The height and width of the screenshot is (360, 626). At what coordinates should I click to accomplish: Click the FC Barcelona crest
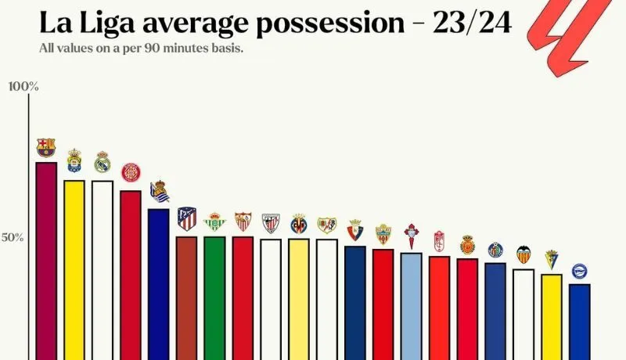click(46, 147)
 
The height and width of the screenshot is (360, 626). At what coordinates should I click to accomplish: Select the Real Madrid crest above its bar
click(103, 162)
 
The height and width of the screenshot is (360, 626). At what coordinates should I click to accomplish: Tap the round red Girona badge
click(131, 173)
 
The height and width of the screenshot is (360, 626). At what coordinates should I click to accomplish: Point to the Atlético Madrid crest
click(186, 218)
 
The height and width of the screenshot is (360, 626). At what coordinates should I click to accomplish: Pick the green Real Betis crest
click(214, 223)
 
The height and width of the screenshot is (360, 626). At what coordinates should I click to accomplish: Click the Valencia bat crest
click(523, 254)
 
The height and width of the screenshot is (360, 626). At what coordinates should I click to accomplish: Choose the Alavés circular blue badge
click(579, 272)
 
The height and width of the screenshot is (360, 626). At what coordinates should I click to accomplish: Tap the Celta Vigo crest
click(411, 236)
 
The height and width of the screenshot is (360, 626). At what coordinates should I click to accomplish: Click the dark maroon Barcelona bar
click(46, 258)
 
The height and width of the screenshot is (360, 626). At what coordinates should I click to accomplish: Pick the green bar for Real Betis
click(214, 297)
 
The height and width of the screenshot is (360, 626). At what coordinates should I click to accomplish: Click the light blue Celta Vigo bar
click(411, 305)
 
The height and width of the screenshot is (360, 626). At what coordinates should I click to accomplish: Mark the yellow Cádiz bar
click(551, 316)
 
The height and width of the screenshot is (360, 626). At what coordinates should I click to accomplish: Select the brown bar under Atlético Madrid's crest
click(186, 297)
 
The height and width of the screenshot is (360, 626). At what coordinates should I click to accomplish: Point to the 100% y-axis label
click(23, 86)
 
